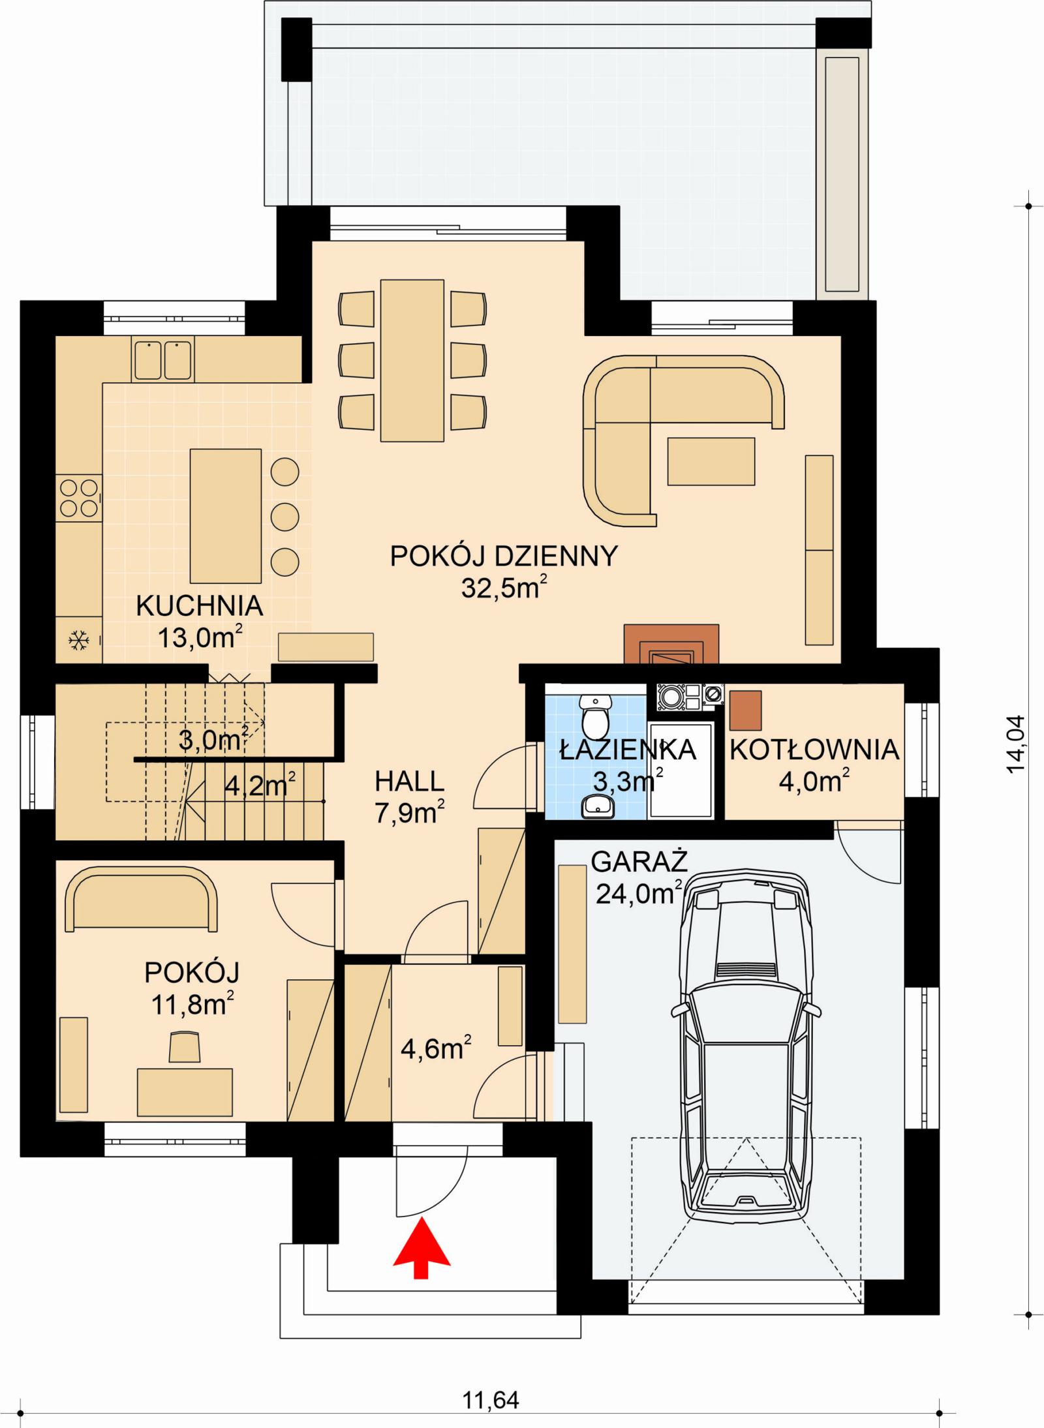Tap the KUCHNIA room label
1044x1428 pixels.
[x=199, y=606]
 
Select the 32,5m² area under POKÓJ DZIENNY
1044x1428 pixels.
[x=503, y=588]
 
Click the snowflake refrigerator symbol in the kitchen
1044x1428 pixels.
[x=79, y=641]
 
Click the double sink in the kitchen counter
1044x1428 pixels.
[x=163, y=360]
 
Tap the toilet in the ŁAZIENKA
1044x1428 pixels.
[x=595, y=716]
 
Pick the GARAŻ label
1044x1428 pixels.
[x=639, y=862]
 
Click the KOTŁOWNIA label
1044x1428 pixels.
[x=814, y=750]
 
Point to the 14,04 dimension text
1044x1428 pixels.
[x=1016, y=744]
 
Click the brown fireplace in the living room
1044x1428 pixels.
[x=671, y=644]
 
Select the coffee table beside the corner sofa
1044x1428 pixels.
[x=711, y=461]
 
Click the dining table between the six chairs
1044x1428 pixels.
[x=412, y=360]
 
